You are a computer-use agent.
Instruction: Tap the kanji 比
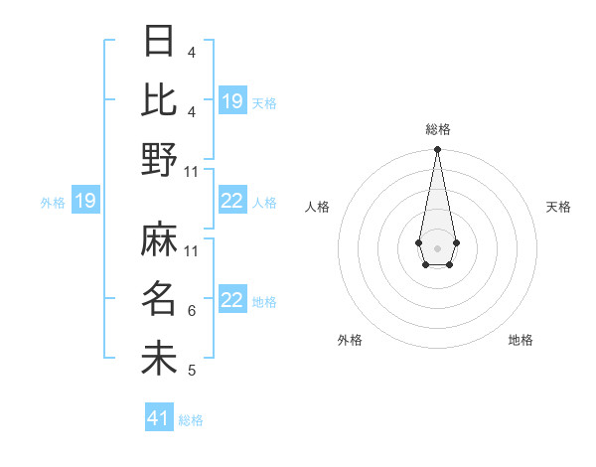[x=159, y=99]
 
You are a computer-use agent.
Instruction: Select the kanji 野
[x=159, y=159]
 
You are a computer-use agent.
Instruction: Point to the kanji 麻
[x=159, y=238]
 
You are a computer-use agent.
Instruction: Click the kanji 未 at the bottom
[x=159, y=358]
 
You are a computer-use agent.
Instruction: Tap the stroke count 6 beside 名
[x=191, y=311]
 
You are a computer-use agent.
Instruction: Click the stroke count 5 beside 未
[x=191, y=371]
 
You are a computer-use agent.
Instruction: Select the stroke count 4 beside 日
[x=191, y=52]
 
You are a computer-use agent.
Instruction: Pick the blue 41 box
[x=159, y=418]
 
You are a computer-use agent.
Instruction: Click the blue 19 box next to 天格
[x=232, y=101]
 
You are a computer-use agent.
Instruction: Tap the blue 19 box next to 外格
[x=84, y=202]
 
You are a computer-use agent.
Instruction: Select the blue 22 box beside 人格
[x=232, y=202]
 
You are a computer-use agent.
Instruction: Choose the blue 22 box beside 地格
[x=232, y=301]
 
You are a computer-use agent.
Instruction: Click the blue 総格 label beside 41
[x=191, y=420]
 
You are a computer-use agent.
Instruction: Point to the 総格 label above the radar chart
[x=437, y=129]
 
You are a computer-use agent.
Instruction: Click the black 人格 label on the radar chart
[x=318, y=207]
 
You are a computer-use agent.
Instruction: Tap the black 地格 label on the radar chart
[x=521, y=340]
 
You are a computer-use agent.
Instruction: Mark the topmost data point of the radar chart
[x=437, y=150]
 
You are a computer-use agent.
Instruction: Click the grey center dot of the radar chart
[x=437, y=246]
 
